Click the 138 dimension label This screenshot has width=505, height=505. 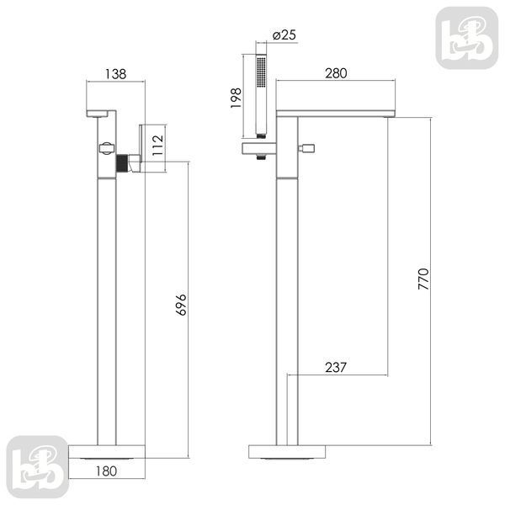coord(116,74)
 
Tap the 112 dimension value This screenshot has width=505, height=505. coord(158,145)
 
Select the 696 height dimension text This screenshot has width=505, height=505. coord(181,305)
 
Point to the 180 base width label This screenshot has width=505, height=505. coord(106,471)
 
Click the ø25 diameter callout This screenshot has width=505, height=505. coord(284,35)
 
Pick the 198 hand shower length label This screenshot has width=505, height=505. coord(236,98)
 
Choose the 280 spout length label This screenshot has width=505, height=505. coord(336,73)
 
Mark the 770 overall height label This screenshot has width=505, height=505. coord(423,279)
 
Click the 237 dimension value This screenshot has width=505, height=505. coord(336,367)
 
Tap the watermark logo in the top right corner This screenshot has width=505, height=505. coord(467,38)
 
